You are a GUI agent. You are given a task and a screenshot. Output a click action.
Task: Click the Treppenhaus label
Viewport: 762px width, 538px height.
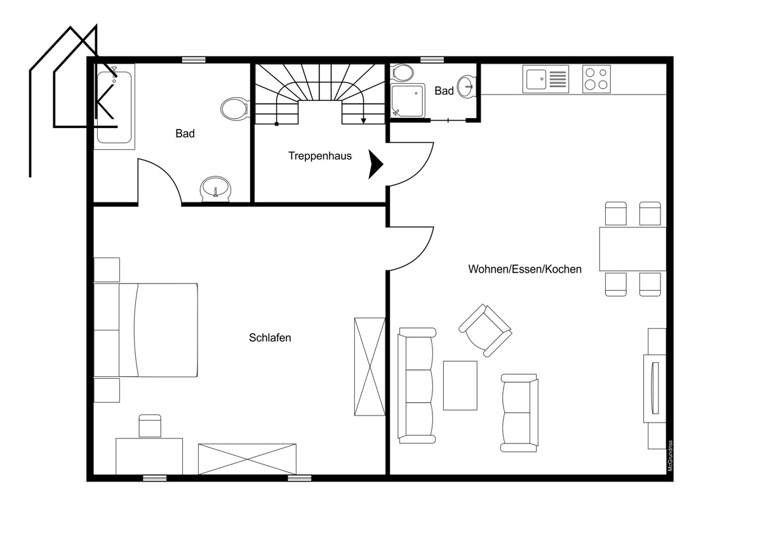point(320,156)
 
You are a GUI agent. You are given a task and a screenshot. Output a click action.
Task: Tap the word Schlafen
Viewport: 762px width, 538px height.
point(270,338)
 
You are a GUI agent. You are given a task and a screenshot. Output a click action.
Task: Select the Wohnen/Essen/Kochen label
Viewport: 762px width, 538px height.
point(525,269)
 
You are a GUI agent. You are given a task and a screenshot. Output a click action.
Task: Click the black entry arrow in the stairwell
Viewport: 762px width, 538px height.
point(375,164)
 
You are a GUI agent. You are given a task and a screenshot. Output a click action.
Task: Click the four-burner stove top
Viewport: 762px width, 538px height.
point(596,79)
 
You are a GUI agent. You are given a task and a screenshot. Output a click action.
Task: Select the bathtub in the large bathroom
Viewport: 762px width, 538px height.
point(114,107)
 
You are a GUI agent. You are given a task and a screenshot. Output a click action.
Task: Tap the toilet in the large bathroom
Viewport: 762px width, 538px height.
point(234,108)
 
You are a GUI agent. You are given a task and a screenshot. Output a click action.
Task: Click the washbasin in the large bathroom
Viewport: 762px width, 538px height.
point(215,188)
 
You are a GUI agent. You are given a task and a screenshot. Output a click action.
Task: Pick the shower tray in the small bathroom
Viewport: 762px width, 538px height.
point(408,101)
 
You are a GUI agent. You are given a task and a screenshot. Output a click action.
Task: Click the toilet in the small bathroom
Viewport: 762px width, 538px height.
point(403,73)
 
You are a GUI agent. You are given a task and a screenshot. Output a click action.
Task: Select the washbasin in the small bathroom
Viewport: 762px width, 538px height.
point(466,86)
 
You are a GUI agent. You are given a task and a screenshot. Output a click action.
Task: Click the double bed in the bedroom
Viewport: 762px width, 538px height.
point(145,330)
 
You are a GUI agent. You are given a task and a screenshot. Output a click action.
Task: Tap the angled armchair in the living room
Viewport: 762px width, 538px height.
point(485,331)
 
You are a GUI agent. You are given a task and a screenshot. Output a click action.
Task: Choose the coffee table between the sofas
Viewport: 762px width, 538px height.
point(460,385)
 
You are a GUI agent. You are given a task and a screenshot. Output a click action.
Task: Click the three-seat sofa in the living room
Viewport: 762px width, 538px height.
point(417,385)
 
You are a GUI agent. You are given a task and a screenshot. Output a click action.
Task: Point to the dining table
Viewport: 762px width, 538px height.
point(632,249)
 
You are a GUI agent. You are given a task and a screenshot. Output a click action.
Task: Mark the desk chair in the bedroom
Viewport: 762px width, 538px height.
point(150,426)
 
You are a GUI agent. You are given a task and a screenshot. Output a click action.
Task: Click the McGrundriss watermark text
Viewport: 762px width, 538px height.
point(671,456)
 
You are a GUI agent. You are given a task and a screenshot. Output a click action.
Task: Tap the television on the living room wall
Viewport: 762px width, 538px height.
point(655,388)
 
